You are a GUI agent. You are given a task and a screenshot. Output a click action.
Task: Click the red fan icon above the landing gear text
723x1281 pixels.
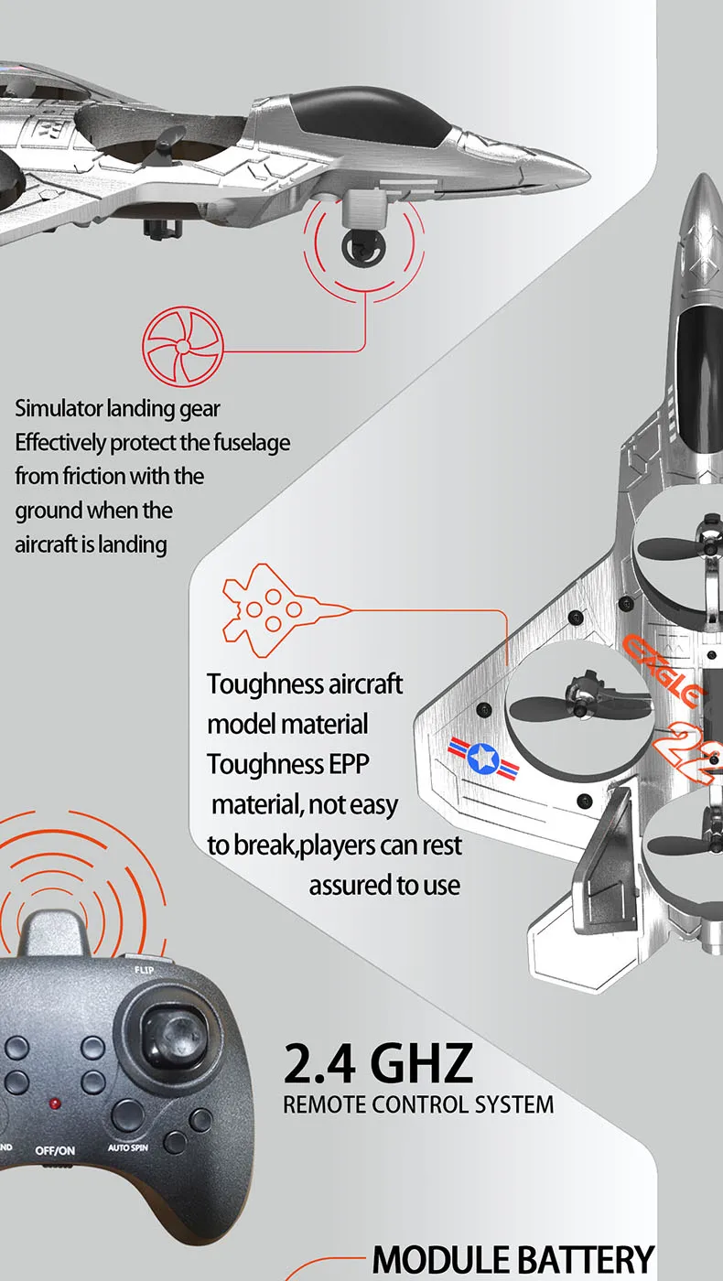click(181, 348)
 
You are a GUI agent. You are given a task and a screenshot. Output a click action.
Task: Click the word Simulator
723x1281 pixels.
click(59, 408)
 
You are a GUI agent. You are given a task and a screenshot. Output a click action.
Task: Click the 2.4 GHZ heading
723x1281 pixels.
click(378, 1062)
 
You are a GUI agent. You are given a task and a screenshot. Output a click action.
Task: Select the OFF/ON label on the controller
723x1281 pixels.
click(55, 1150)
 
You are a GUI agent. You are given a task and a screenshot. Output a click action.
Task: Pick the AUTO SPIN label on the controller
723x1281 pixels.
click(127, 1147)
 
